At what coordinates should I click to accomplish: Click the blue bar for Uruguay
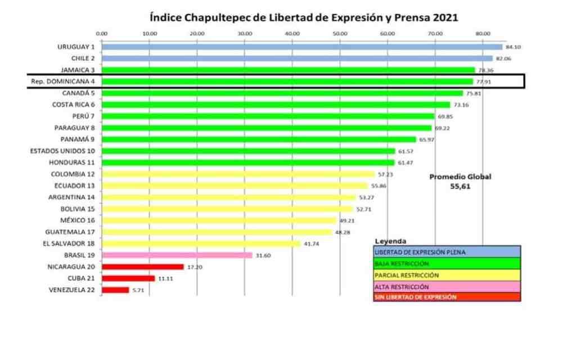coord(301,47)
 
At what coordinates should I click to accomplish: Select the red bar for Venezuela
coord(115,290)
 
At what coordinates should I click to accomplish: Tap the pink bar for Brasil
coord(177,255)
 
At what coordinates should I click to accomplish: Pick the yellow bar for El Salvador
coord(201,244)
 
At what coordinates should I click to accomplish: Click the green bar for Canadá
coord(282,93)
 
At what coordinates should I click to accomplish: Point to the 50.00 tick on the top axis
coord(340,34)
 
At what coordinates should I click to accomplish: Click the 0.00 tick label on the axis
coord(102,34)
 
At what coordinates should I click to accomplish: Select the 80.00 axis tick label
coord(483,34)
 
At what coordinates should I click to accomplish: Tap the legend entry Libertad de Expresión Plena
coord(447,251)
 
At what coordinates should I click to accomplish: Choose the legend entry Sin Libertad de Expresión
coord(447,297)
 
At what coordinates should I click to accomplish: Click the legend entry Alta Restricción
coord(447,286)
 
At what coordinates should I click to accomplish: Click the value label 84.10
coord(513,48)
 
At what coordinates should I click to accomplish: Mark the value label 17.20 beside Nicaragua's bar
coord(195,267)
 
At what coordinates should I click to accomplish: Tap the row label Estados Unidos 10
coord(62,151)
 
